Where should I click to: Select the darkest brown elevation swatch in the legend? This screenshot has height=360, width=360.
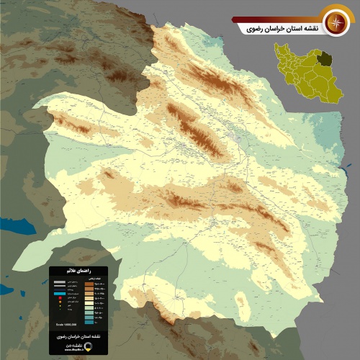(89, 284)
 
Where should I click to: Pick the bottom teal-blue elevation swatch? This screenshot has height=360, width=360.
(89, 322)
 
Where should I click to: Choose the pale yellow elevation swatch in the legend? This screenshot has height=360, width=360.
(89, 303)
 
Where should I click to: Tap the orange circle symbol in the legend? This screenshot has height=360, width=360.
(60, 302)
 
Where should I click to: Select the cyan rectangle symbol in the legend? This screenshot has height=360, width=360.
(60, 293)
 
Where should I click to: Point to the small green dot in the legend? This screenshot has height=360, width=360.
(60, 309)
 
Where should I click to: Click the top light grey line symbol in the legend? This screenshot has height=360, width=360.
(60, 282)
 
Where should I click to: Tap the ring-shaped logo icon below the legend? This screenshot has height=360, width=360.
(88, 346)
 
